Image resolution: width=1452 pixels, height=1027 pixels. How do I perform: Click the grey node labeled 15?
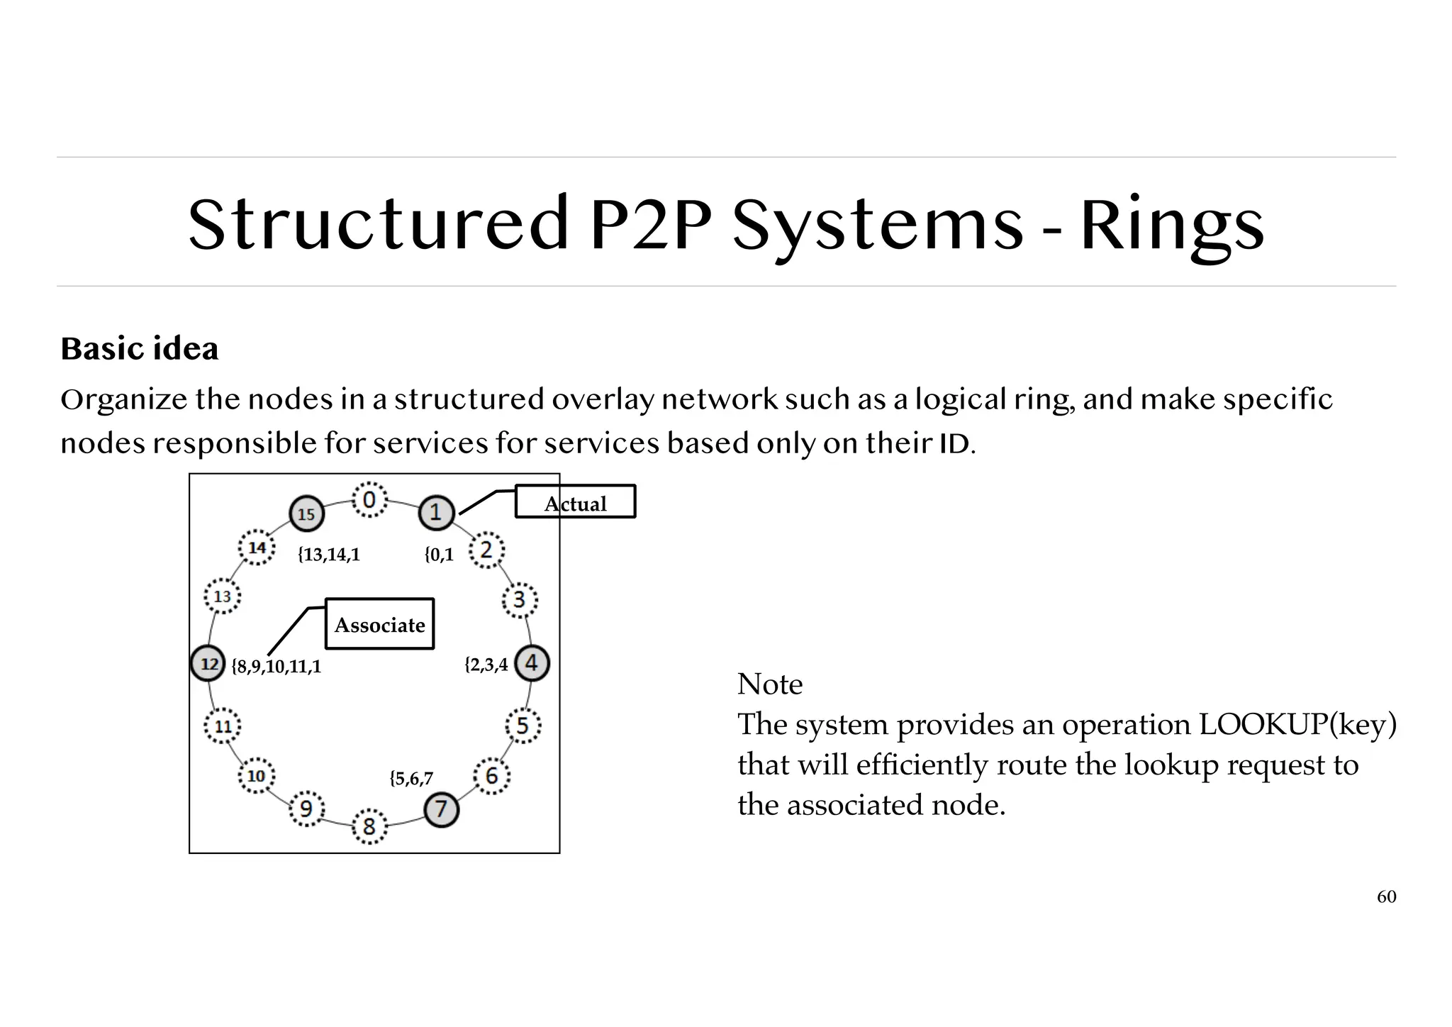click(306, 513)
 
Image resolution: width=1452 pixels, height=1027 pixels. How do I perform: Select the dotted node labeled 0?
click(369, 501)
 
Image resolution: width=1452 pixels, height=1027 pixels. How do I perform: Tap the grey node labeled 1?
click(436, 512)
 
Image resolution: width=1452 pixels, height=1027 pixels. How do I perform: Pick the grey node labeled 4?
click(531, 663)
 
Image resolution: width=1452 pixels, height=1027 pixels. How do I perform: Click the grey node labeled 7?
click(441, 809)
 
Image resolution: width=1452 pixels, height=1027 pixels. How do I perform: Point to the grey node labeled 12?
click(208, 664)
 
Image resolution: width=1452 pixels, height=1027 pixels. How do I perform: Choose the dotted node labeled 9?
click(306, 809)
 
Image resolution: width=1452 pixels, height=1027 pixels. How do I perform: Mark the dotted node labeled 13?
click(223, 596)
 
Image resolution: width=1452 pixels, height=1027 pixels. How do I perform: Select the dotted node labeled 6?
click(491, 776)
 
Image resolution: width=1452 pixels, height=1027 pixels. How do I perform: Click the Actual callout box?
click(575, 502)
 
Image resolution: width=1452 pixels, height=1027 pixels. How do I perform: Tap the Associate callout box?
click(379, 624)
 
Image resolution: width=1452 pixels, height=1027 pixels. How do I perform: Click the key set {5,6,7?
click(411, 779)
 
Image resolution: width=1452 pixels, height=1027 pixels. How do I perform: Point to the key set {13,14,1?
click(328, 555)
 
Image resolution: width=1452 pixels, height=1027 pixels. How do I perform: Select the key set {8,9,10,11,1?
click(277, 667)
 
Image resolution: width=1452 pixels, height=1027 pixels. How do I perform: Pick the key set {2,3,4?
click(486, 665)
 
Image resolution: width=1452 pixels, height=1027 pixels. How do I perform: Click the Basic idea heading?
click(140, 349)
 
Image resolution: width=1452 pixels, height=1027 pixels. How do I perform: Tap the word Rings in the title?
click(1172, 226)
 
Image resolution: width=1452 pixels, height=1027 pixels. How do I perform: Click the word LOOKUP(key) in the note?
click(1297, 725)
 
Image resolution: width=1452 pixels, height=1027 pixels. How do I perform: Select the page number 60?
click(1386, 897)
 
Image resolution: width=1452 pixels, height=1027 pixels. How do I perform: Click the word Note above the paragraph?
click(770, 684)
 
